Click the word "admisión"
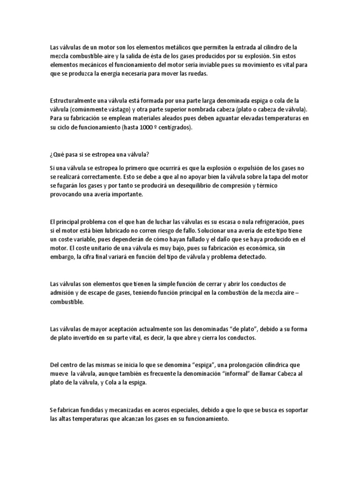64,292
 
